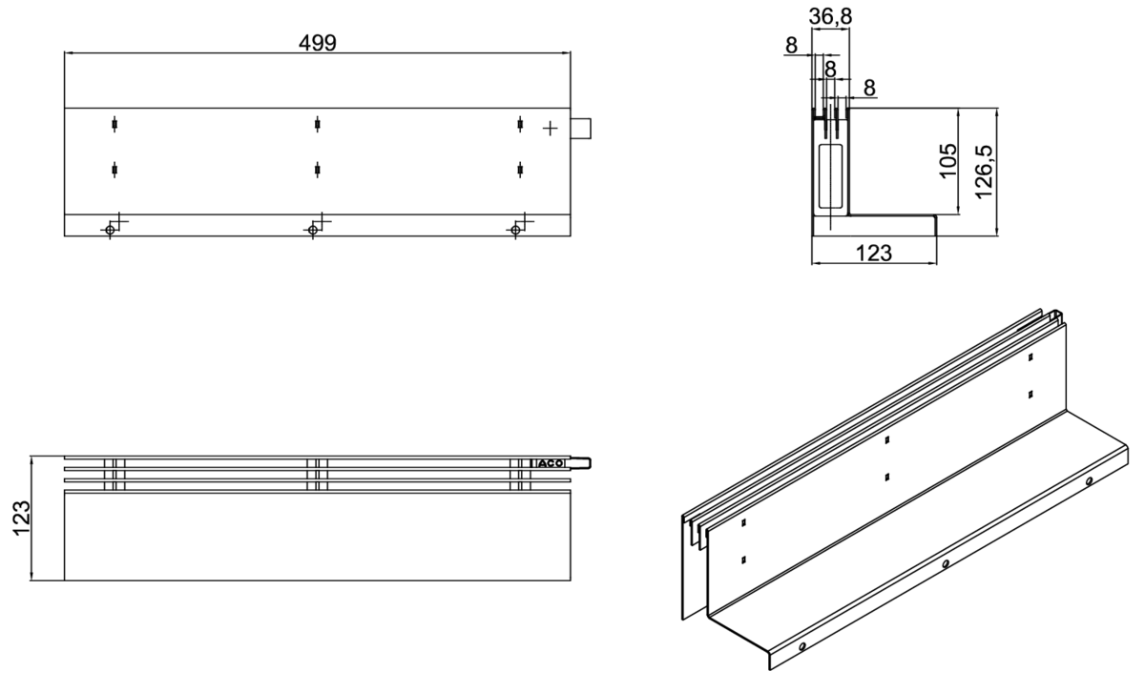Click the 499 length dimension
(x=318, y=43)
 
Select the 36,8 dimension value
(x=830, y=17)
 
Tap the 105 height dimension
(x=948, y=161)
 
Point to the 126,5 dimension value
(x=984, y=172)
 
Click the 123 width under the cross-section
(x=874, y=253)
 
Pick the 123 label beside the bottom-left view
(x=21, y=519)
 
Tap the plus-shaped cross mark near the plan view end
(x=550, y=128)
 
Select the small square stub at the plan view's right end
(x=581, y=128)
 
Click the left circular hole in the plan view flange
(x=110, y=230)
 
